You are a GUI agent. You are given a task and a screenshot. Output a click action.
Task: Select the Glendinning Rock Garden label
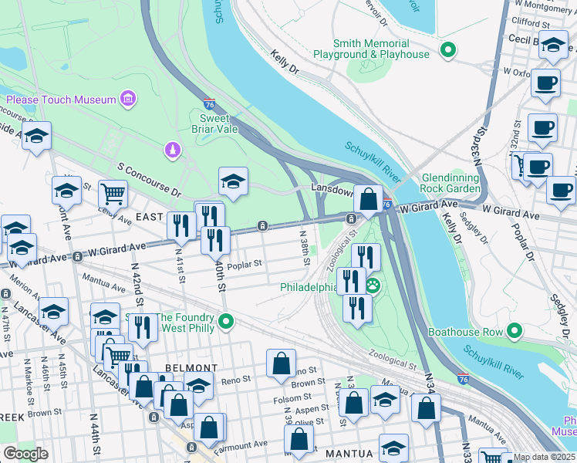click(451, 182)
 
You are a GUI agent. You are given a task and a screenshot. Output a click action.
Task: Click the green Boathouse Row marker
click(514, 333)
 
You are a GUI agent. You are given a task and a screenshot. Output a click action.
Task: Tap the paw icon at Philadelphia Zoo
click(373, 286)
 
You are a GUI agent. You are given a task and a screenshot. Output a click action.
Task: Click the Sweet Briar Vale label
click(215, 123)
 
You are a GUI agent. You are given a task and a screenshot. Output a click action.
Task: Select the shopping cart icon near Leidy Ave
click(113, 193)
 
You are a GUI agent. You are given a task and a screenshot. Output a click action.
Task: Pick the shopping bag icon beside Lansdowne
click(369, 198)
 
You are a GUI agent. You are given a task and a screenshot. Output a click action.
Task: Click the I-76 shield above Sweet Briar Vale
click(210, 103)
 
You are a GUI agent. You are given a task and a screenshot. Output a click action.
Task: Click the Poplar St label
click(244, 262)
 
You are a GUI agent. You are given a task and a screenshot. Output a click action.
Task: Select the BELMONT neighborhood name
click(191, 368)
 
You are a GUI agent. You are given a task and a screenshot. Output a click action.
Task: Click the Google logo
click(26, 454)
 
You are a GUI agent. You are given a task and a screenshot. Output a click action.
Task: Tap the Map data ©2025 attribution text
click(544, 457)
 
